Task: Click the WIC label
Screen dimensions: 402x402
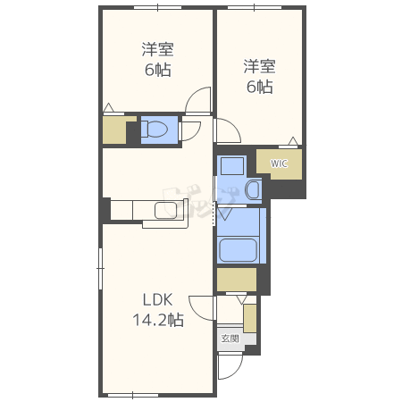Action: tap(279, 163)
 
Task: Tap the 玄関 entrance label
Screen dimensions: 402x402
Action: tap(230, 339)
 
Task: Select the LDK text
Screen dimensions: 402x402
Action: tap(158, 300)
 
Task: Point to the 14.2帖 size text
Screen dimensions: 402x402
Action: tap(158, 320)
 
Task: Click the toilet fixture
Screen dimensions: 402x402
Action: tap(158, 130)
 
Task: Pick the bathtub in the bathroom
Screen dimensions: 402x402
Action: tap(239, 249)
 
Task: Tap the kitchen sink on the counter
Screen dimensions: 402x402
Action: tap(165, 210)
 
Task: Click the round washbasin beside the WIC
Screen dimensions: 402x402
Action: tap(253, 189)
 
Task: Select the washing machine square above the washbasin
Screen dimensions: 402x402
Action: tap(232, 166)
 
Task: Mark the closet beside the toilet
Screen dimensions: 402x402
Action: tap(116, 130)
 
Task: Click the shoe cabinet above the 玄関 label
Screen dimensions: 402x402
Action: tap(250, 318)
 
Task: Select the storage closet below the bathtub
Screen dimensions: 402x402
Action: tap(237, 280)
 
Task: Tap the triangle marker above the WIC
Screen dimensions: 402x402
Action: tap(293, 141)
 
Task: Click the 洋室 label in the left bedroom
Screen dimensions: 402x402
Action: tap(158, 50)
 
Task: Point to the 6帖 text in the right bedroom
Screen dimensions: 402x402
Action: tap(260, 87)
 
